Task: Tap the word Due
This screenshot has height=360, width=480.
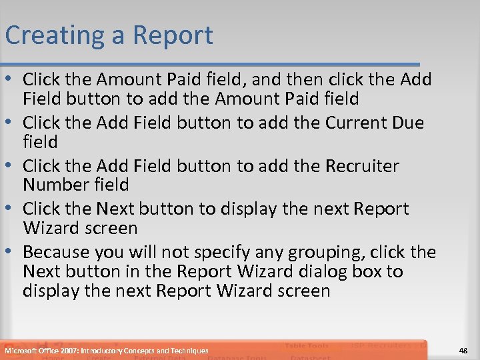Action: (403, 123)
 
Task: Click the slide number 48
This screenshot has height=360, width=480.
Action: (463, 350)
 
